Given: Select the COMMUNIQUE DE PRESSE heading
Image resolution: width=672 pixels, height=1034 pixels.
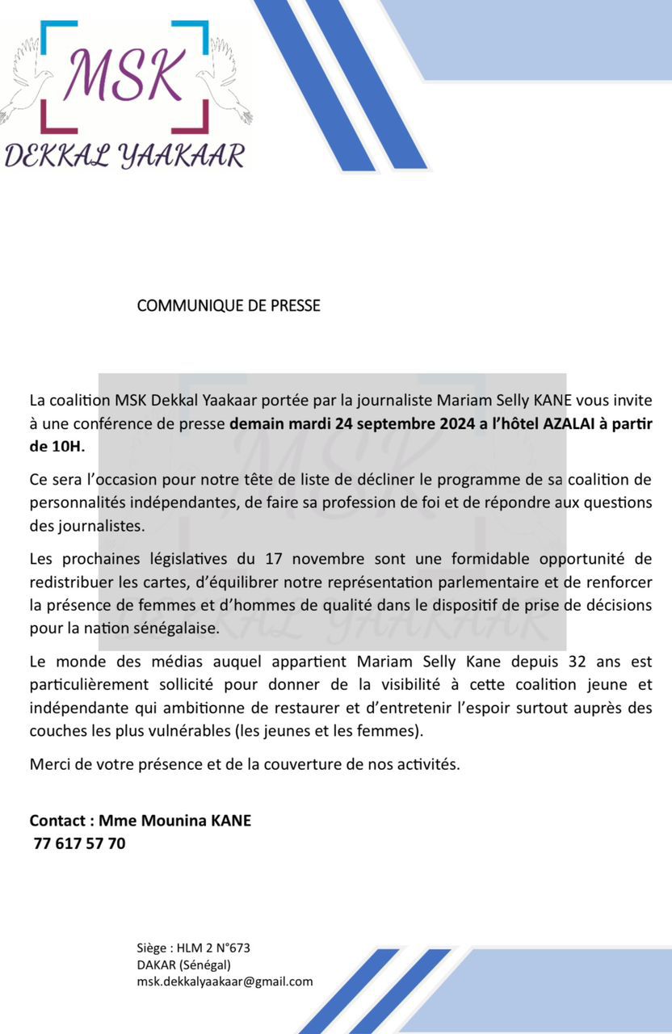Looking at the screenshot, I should (229, 305).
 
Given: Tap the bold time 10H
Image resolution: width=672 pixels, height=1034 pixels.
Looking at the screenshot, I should (65, 445).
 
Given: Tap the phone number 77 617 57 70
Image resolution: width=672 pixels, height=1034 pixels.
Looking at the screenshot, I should (80, 844).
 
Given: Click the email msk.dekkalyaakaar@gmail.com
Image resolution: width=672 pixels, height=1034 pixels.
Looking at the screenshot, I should (225, 981).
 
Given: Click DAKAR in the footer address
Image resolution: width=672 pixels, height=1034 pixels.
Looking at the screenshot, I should (156, 965).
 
